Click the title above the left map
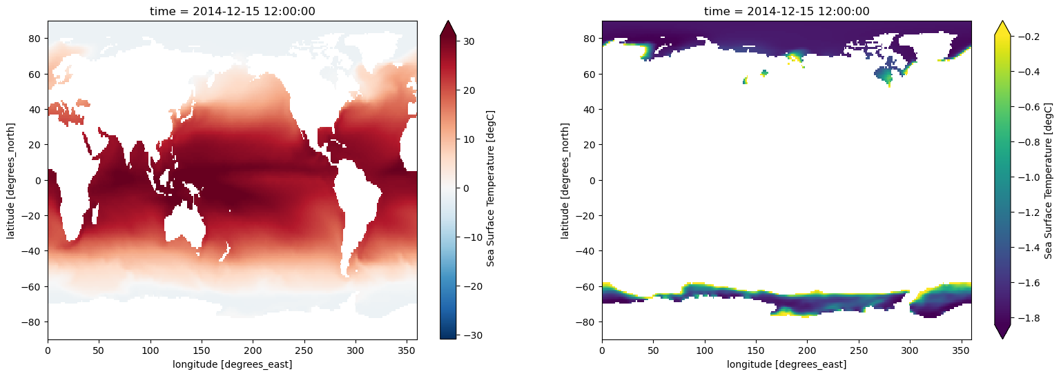(232, 11)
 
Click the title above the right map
(786, 11)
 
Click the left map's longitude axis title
(232, 364)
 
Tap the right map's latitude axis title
(565, 180)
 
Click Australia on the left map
(184, 231)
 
